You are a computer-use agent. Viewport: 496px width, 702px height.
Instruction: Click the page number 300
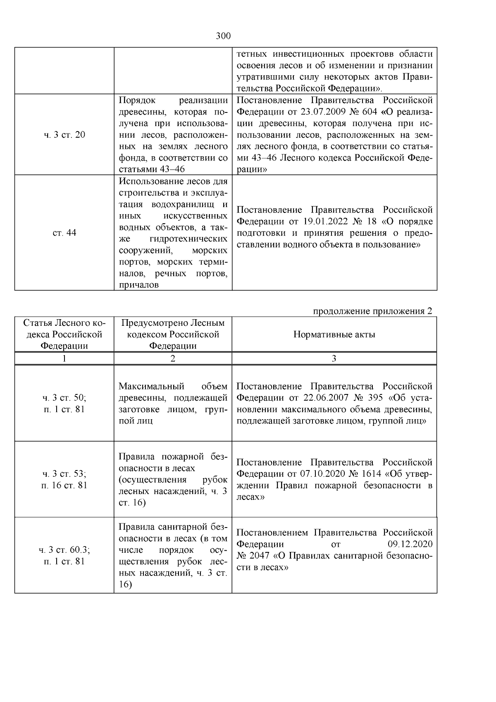[223, 36]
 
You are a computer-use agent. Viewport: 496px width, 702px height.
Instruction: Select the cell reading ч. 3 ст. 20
[64, 135]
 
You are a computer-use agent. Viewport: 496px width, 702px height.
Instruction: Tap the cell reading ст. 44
[64, 233]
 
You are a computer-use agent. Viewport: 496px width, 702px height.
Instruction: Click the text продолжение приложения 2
[373, 311]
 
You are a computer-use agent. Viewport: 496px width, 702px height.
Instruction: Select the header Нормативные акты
[334, 334]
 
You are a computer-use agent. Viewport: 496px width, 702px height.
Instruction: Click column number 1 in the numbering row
[64, 358]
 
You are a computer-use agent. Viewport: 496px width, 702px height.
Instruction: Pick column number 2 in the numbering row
[173, 358]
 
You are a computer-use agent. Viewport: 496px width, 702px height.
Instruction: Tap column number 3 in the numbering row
[334, 358]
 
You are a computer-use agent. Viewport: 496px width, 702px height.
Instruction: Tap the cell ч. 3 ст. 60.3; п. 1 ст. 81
[64, 555]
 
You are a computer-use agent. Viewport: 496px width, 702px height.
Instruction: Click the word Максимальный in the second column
[151, 386]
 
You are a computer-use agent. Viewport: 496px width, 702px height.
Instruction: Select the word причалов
[139, 285]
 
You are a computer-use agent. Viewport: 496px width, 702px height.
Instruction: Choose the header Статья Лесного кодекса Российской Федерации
[64, 334]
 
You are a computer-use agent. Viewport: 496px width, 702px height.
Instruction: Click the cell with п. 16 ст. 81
[64, 485]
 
